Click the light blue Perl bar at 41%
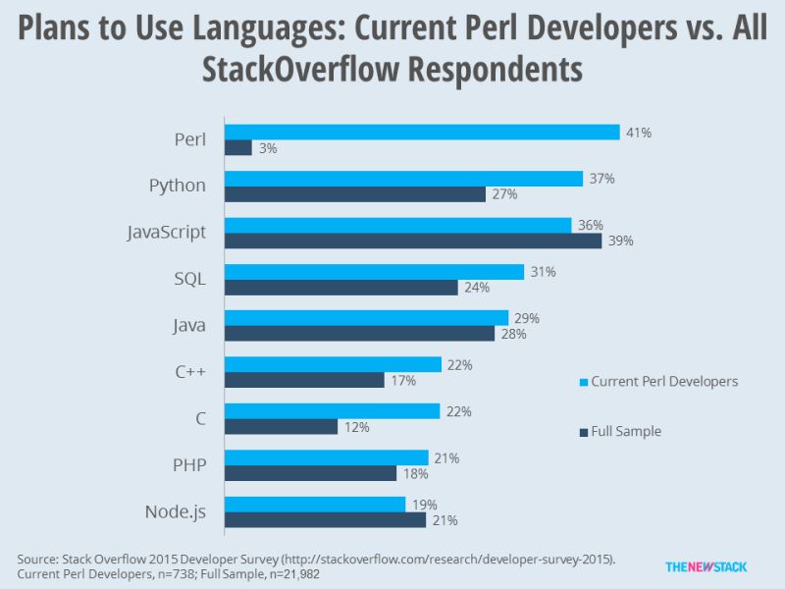click(x=422, y=132)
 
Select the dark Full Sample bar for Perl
click(x=238, y=148)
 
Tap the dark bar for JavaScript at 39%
click(x=413, y=241)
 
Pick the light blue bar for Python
click(x=404, y=179)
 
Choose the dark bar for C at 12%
click(x=282, y=427)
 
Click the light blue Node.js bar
click(x=315, y=505)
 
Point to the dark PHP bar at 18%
click(x=311, y=473)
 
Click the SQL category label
click(x=188, y=279)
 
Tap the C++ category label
click(x=188, y=372)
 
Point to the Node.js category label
click(x=176, y=511)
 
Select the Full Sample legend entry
click(x=626, y=431)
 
